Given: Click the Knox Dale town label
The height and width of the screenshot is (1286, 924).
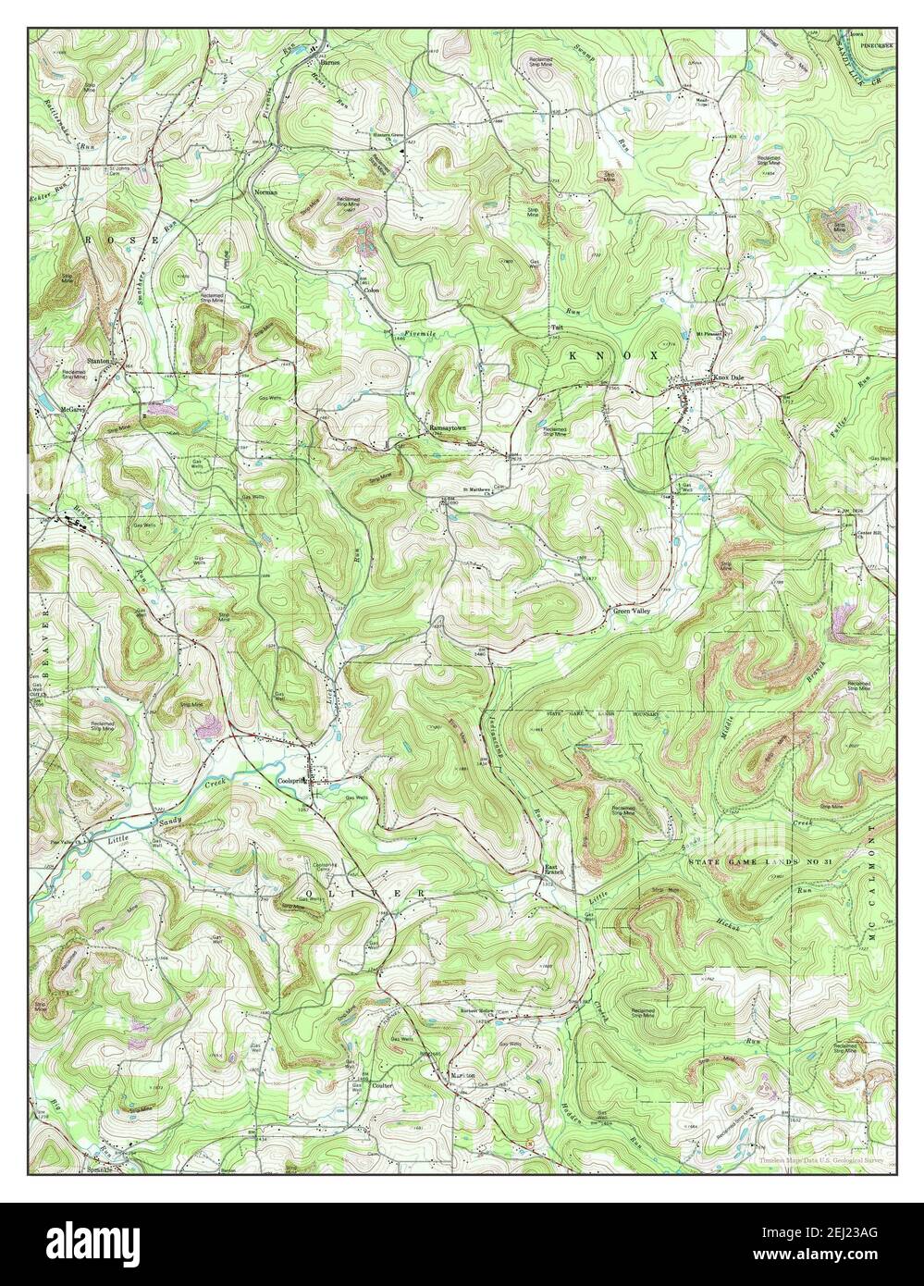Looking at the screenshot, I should tap(726, 390).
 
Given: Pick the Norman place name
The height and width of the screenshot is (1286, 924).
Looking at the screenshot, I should tap(265, 192).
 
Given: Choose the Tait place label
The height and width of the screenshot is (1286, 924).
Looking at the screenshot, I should tap(558, 328).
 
